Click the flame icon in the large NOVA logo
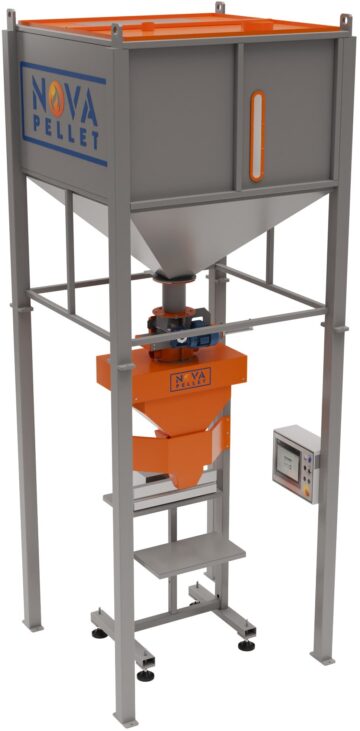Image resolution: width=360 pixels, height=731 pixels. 56,99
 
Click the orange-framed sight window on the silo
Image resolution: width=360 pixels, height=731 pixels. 257,136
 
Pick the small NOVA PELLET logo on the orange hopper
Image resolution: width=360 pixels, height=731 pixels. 190,379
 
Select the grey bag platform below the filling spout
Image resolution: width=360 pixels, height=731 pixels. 190,555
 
